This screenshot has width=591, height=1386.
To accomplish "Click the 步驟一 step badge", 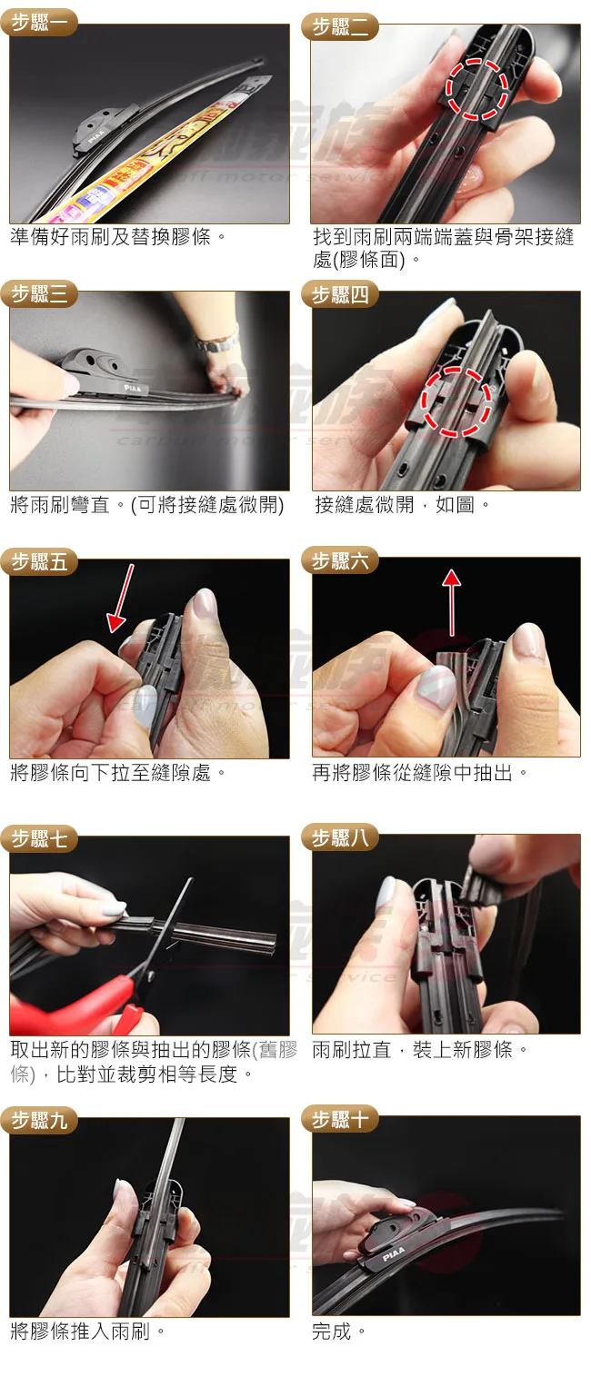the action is (40, 23).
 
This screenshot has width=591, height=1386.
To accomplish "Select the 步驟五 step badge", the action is (39, 561).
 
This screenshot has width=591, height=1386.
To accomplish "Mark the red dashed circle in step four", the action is (456, 401).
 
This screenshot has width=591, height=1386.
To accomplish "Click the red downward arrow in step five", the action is (121, 598).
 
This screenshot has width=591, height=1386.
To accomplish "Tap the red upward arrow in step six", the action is (452, 601).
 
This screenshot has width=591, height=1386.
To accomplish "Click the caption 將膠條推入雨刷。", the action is (87, 1331).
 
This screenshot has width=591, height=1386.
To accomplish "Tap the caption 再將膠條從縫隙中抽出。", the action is (419, 772).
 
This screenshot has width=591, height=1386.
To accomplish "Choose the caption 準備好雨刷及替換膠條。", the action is (117, 236).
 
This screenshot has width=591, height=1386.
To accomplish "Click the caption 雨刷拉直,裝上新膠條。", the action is (419, 1049).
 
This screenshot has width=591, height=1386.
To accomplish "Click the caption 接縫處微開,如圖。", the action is (402, 505).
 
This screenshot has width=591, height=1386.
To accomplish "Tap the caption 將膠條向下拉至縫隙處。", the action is (117, 772).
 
